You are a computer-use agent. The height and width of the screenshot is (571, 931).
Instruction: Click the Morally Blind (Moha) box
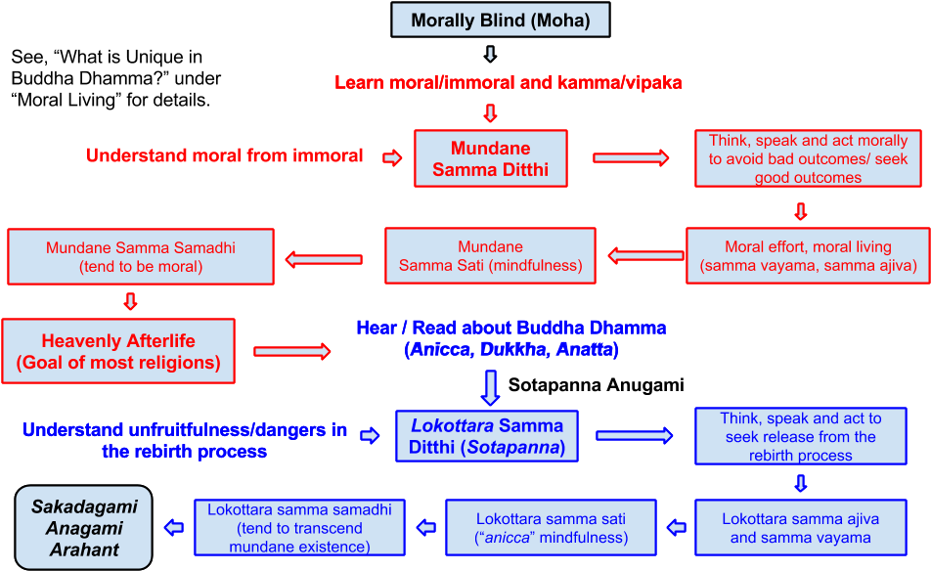[x=500, y=21]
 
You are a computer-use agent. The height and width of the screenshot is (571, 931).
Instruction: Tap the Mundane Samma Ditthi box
[x=490, y=158]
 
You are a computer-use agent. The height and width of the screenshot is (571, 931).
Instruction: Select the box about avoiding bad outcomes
[x=808, y=158]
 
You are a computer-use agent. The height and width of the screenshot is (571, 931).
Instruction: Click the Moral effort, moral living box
[x=808, y=256]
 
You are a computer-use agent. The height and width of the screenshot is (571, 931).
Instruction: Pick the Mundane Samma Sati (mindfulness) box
[x=490, y=256]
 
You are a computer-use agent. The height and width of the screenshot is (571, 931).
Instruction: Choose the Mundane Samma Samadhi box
[x=141, y=257]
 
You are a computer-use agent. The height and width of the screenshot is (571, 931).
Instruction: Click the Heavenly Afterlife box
[x=118, y=352]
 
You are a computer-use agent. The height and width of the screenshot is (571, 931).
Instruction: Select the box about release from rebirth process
[x=800, y=436]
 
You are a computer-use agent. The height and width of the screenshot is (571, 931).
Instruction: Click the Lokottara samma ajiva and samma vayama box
[x=800, y=528]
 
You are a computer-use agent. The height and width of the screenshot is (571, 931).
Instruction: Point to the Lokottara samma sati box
[x=551, y=528]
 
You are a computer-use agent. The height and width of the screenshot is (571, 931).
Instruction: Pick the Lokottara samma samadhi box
[x=299, y=528]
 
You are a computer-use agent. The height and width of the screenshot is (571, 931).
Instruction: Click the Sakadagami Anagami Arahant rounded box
[x=84, y=528]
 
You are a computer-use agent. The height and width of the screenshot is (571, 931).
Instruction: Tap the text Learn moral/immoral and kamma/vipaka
[x=508, y=83]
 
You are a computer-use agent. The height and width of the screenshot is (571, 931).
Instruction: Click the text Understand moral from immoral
[x=225, y=155]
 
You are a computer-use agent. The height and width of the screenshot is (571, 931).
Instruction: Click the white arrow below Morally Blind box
[x=491, y=54]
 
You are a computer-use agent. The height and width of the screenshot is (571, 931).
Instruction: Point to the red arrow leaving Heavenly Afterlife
[x=292, y=351]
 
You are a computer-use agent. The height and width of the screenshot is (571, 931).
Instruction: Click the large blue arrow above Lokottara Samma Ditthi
[x=491, y=386]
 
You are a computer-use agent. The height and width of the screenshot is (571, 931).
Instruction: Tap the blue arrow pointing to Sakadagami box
[x=173, y=528]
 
